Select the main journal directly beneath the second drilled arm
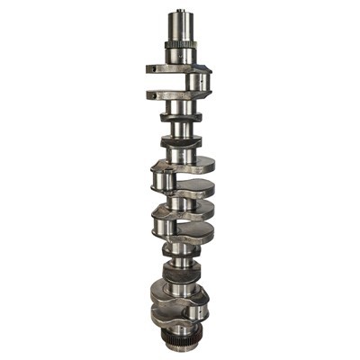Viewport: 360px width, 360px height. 181,107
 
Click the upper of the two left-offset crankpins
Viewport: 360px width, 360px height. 164,179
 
